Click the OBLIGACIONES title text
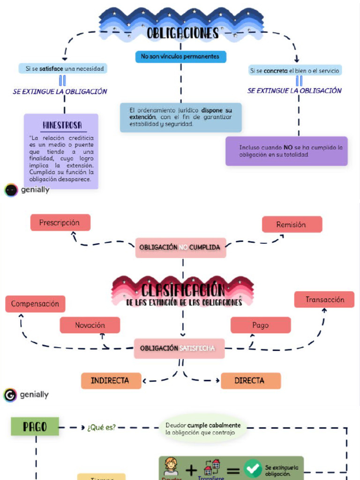[182, 33]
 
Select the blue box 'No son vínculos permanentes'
[180, 57]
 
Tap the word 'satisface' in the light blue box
[52, 69]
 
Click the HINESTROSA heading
[62, 125]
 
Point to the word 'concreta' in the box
[276, 71]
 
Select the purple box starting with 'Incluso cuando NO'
[286, 151]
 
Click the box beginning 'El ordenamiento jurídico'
[180, 117]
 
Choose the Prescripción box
[60, 223]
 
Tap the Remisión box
[292, 225]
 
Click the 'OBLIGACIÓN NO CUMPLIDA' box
[180, 247]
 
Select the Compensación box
[35, 304]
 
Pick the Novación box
[90, 325]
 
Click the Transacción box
[324, 300]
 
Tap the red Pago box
[260, 325]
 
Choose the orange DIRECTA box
[250, 381]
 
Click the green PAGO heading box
[35, 427]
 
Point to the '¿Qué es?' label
[101, 427]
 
